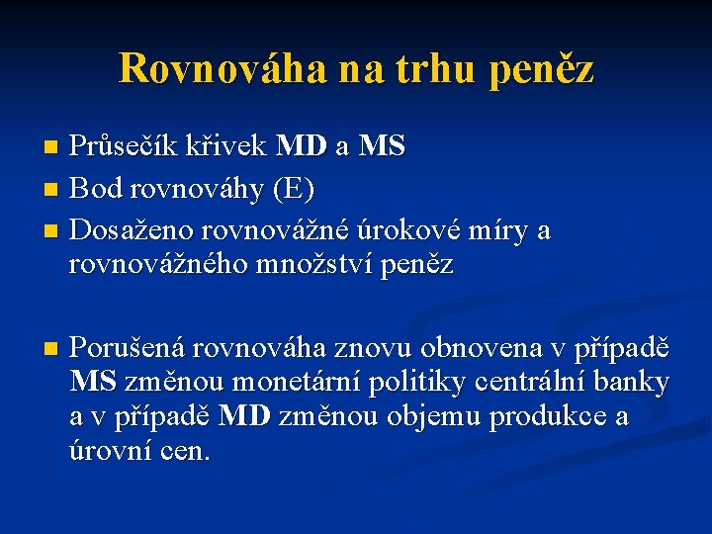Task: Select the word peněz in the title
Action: [541, 68]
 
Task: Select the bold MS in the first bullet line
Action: [382, 147]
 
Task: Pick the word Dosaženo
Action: [133, 231]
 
